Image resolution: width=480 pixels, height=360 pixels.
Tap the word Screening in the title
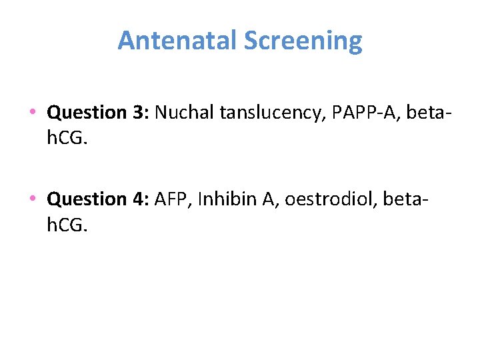[x=303, y=42]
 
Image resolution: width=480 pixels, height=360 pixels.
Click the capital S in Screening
[x=251, y=41]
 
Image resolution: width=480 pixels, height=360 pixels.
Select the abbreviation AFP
[x=168, y=199]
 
